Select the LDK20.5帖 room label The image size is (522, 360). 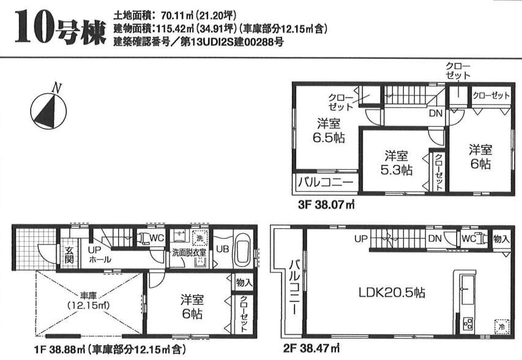coord(391,293)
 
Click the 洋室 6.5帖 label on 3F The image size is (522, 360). coord(330,129)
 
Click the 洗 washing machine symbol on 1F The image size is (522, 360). coord(199,238)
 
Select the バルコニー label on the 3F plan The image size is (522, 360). coord(325,182)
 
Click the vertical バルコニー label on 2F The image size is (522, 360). coord(293,288)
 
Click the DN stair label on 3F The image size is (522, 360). coord(435,113)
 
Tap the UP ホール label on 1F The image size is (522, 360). coord(99,255)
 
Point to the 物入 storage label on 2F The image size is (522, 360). coord(501,238)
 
